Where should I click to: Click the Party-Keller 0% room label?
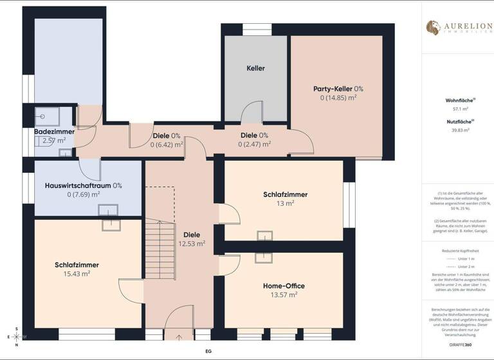(338, 89)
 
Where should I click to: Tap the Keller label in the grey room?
(255, 68)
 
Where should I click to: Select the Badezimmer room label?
(54, 131)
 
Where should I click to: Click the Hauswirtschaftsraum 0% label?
(83, 185)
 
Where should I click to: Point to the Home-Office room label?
(284, 285)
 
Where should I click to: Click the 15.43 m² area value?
(77, 273)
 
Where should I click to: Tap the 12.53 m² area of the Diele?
(192, 244)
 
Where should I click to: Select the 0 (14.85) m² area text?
(338, 98)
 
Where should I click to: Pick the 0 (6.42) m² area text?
(167, 145)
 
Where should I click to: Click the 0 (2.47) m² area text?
(253, 145)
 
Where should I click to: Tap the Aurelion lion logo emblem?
(433, 27)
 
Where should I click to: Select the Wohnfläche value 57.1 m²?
(457, 110)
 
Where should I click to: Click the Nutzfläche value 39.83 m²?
(457, 130)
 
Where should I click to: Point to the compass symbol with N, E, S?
(17, 337)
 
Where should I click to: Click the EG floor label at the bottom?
(208, 352)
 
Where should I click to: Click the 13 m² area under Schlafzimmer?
(285, 204)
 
